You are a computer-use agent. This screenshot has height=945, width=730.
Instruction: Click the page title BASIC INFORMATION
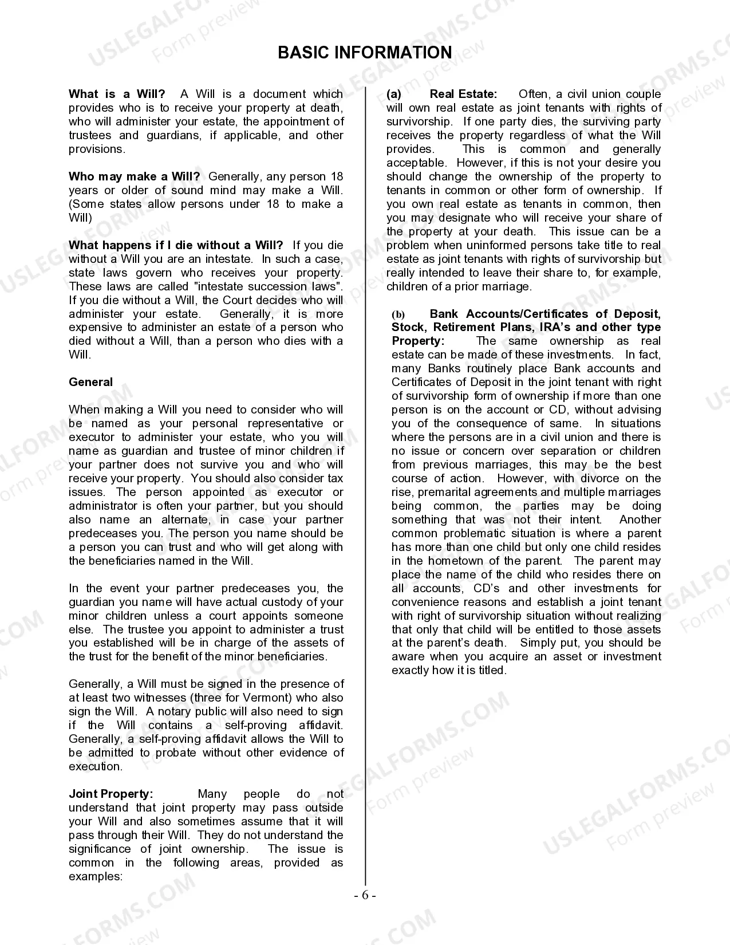365,53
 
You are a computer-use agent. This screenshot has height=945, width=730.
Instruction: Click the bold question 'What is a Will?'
117,94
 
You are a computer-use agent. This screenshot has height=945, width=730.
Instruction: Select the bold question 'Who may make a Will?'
134,176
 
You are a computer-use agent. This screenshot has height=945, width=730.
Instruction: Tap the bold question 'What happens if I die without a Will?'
175,245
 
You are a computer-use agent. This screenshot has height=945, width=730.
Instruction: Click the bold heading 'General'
90,382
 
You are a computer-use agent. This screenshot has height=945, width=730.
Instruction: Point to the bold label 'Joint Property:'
111,794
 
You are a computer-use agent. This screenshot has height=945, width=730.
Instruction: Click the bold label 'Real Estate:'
463,94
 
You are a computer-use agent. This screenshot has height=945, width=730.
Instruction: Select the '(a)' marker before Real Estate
394,94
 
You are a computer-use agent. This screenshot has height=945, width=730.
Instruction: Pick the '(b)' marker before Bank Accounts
398,314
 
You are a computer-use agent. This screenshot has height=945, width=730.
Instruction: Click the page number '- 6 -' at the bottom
365,896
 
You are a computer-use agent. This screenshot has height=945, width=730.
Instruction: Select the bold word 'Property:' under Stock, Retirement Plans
418,341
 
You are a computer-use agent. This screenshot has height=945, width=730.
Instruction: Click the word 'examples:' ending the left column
96,876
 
